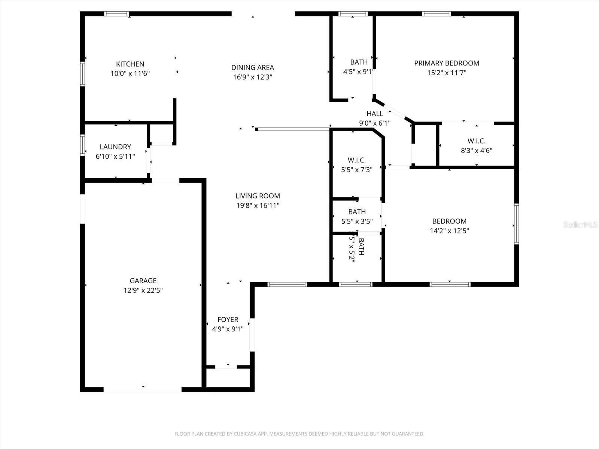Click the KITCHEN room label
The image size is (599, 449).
[x=130, y=64]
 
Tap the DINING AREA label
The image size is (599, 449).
[x=252, y=67]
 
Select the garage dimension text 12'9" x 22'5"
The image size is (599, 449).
[x=143, y=290]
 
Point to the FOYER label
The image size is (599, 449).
[x=228, y=320]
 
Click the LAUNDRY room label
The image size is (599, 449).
[x=115, y=147]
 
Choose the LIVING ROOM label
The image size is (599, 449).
[x=258, y=196]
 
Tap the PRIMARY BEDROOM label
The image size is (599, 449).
[x=446, y=63]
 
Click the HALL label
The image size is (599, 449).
[x=374, y=113]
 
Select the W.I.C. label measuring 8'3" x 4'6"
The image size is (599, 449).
[x=476, y=141]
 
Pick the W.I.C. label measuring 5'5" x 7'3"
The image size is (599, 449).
[x=356, y=160]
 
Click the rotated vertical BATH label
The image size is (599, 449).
[x=361, y=247]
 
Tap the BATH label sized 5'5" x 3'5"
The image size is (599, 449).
[x=357, y=212]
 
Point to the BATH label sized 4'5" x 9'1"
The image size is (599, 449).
[x=359, y=62]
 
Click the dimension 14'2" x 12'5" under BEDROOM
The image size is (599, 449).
[x=449, y=231]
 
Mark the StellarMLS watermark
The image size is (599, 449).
[x=580, y=224]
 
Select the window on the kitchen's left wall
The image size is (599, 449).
[x=82, y=74]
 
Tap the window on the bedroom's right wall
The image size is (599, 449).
[x=516, y=224]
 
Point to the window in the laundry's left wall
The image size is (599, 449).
[x=82, y=145]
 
